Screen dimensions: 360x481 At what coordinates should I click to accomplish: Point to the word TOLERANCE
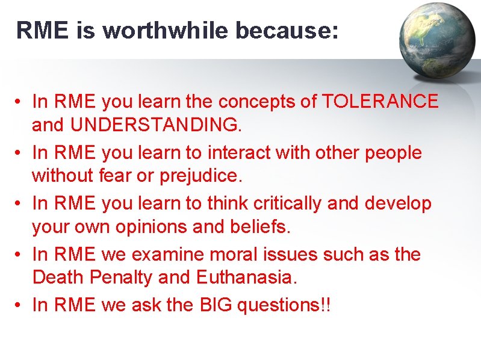pos(380,102)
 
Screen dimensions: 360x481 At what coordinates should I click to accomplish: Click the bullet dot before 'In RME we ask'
pos(20,305)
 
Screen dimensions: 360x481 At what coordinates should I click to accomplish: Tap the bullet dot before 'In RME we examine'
pos(20,255)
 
